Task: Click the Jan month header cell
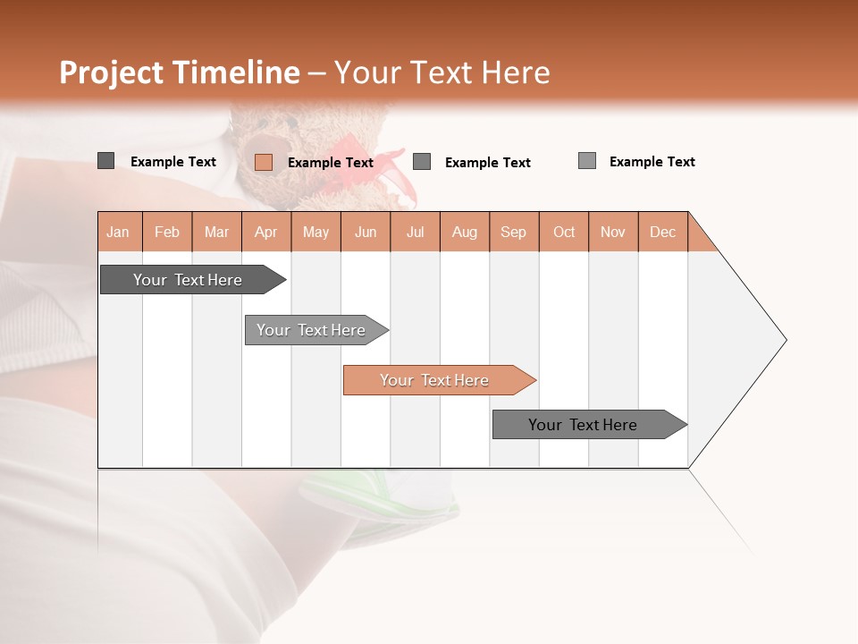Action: [119, 233]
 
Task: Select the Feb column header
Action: [167, 233]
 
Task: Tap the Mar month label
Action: [216, 233]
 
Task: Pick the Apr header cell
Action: [266, 233]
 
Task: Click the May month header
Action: [315, 233]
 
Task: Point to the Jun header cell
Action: [366, 233]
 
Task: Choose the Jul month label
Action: [415, 233]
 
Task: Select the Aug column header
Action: [465, 233]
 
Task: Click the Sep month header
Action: [514, 233]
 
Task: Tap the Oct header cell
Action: [564, 233]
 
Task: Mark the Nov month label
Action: [613, 233]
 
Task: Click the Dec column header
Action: [663, 233]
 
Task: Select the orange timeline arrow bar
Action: [438, 380]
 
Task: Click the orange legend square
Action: [263, 162]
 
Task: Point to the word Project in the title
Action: [113, 72]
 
